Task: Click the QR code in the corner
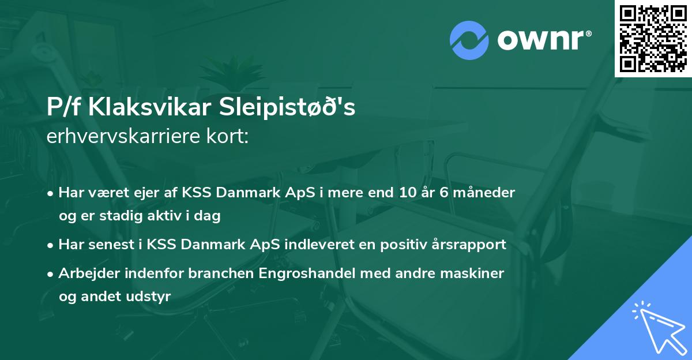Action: (x=653, y=39)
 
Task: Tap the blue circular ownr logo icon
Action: (x=469, y=40)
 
